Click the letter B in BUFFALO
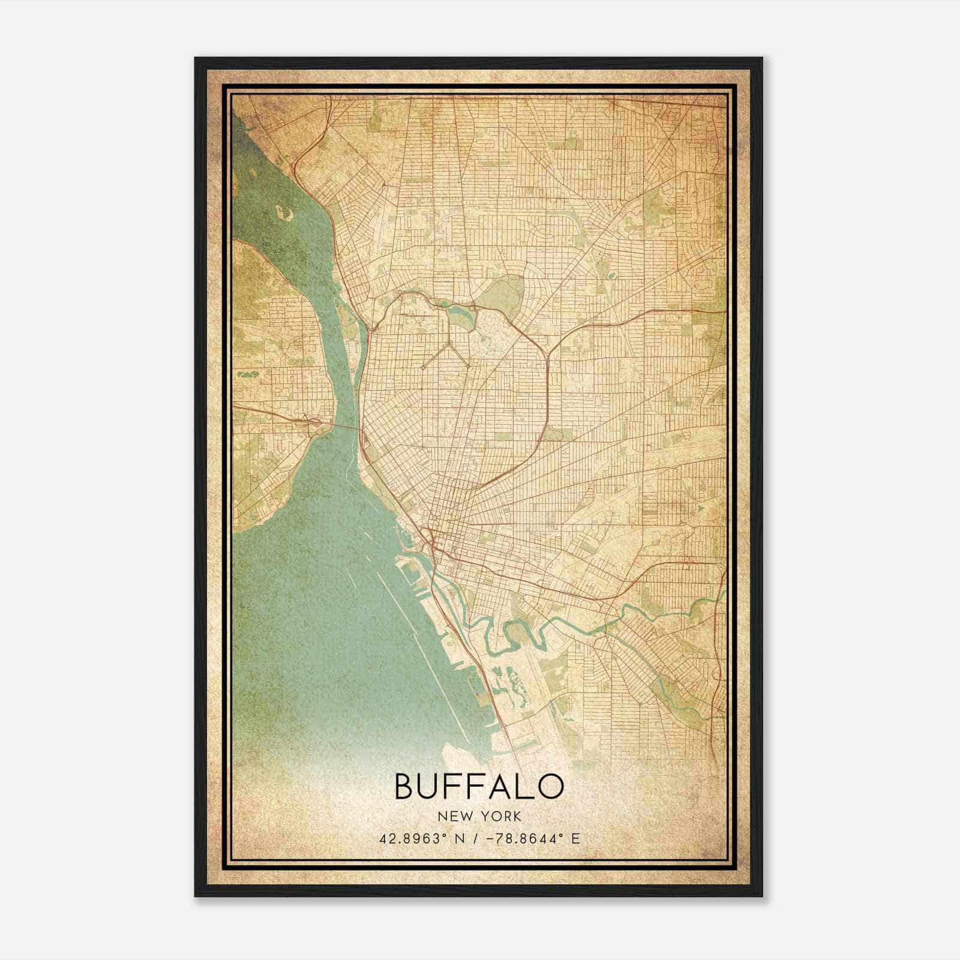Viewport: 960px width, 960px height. (x=405, y=786)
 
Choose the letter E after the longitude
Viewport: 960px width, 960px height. (x=576, y=838)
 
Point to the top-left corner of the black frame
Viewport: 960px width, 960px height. (x=196, y=58)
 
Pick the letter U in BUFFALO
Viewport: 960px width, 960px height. (x=433, y=786)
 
